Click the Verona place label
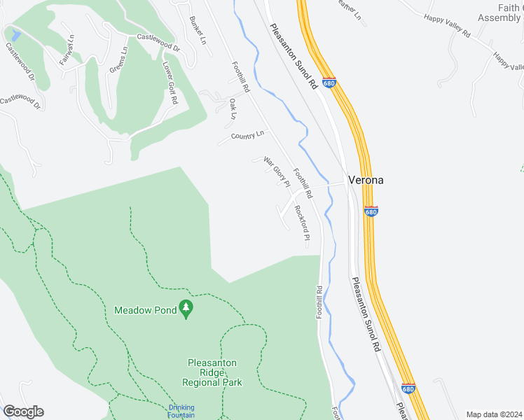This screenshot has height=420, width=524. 366,180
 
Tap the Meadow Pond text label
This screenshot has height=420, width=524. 145,309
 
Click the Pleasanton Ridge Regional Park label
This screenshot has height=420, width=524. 214,372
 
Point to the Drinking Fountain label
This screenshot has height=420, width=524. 181,411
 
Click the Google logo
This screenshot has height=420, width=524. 23,412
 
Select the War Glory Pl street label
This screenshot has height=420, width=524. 277,172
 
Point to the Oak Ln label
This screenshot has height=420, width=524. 233,108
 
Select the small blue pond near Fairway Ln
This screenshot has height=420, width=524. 15,34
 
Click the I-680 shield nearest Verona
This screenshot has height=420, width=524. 371,211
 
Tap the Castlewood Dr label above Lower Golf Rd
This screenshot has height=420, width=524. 158,45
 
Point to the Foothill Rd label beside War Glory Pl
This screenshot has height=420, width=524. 303,183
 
